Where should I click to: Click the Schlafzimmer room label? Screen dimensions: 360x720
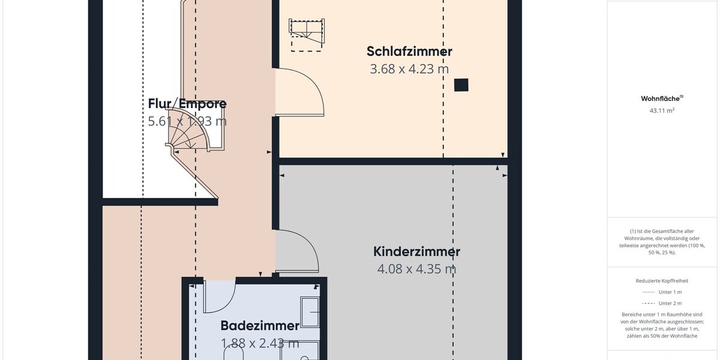click(409, 51)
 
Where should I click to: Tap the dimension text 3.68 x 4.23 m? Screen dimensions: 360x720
click(409, 69)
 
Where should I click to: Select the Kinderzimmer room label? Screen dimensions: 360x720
click(416, 251)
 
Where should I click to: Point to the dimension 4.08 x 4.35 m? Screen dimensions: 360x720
click(416, 269)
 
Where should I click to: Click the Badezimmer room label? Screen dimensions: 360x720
click(260, 326)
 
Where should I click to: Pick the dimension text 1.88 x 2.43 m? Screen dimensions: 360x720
click(260, 344)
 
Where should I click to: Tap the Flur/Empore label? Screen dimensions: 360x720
click(187, 104)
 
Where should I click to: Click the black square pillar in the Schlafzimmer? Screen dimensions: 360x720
click(460, 85)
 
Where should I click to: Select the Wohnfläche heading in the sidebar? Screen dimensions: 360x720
click(662, 98)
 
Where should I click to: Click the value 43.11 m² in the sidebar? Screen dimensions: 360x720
click(662, 110)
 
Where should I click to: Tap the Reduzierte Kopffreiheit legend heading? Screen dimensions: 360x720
click(662, 281)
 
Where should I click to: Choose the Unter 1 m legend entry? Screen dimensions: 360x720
click(662, 292)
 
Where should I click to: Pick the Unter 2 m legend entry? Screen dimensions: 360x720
click(662, 304)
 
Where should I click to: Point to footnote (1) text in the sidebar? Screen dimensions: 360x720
click(662, 242)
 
